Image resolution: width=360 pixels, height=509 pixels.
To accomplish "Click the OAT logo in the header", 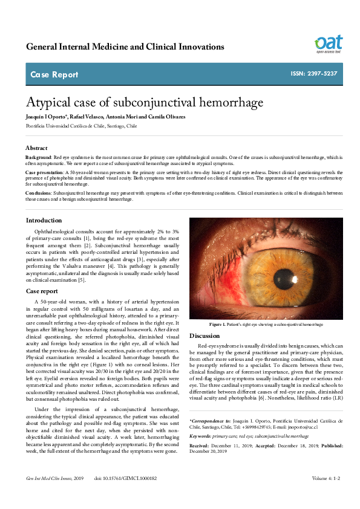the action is point(328,44).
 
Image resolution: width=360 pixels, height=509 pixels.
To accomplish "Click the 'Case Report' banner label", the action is point(54,75).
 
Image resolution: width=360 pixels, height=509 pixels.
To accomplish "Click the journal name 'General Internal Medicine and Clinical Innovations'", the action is point(125,47).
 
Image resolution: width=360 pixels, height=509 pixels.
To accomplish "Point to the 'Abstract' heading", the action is point(36,148).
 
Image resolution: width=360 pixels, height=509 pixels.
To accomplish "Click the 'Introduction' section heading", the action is point(44,220).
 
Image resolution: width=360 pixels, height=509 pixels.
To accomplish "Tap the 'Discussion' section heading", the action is point(205,336).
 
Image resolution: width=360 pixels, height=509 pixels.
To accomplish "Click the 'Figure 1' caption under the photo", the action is point(266,325).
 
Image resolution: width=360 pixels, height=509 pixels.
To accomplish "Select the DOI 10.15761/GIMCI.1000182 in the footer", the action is point(125,495).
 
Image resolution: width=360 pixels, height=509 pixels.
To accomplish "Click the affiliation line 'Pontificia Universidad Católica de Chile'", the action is point(81,126).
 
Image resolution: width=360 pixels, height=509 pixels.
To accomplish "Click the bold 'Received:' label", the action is point(202,446).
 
